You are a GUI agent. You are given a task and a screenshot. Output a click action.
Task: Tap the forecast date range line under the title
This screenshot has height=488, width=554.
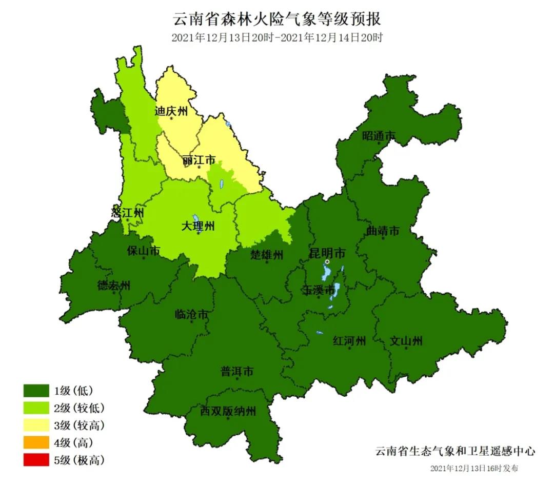click(x=277, y=37)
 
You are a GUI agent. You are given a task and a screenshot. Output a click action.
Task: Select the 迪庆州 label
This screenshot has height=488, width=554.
click(x=171, y=111)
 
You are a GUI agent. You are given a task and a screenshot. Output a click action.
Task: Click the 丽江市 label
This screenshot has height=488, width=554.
click(x=199, y=160)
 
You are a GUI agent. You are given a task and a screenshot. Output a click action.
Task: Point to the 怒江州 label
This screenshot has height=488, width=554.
click(x=127, y=212)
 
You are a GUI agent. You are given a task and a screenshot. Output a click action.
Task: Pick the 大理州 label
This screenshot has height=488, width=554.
click(x=199, y=226)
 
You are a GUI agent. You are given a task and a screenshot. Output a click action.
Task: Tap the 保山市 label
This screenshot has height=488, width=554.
click(x=144, y=251)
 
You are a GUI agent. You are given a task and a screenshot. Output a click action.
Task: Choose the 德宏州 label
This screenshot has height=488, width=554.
click(x=114, y=286)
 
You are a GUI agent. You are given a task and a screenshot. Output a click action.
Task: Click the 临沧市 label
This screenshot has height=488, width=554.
click(x=191, y=314)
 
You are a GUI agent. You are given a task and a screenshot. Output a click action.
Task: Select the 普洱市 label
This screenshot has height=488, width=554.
click(x=236, y=371)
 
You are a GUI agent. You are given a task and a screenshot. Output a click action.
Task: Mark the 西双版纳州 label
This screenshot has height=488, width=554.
click(x=227, y=411)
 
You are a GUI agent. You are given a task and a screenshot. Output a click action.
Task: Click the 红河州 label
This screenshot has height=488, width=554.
click(x=349, y=341)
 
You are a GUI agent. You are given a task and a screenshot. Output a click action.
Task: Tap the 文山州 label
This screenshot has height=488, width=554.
click(x=406, y=341)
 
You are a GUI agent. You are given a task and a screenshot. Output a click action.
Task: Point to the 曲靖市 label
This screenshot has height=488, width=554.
click(x=383, y=231)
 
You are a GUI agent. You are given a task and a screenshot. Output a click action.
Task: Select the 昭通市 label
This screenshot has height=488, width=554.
click(x=379, y=136)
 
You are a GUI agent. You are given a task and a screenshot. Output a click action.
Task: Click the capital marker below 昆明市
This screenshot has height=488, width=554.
click(x=327, y=261)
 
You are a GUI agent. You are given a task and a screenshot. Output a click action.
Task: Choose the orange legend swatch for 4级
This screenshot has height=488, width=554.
click(x=36, y=442)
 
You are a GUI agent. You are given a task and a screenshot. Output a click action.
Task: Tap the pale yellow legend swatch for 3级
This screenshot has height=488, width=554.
click(x=36, y=425)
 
